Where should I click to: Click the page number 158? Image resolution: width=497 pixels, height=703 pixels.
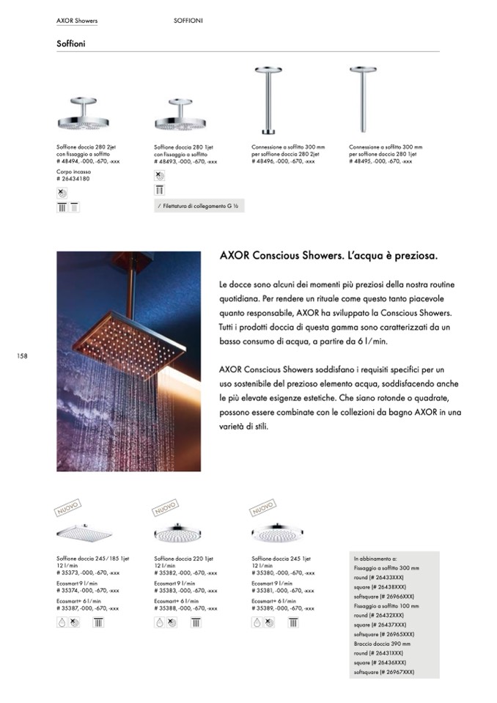click(x=22, y=356)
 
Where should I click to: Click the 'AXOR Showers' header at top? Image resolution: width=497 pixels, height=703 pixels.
click(x=76, y=21)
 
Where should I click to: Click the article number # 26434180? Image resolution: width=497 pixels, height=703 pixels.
click(x=73, y=178)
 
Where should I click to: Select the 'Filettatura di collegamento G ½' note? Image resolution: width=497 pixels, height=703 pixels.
click(x=199, y=206)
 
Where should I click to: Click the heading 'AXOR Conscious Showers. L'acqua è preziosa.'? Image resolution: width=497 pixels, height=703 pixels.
click(x=328, y=257)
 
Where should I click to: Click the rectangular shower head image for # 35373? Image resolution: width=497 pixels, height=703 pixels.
click(x=84, y=532)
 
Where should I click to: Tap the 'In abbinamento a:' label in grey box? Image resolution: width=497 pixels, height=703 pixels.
click(x=375, y=559)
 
